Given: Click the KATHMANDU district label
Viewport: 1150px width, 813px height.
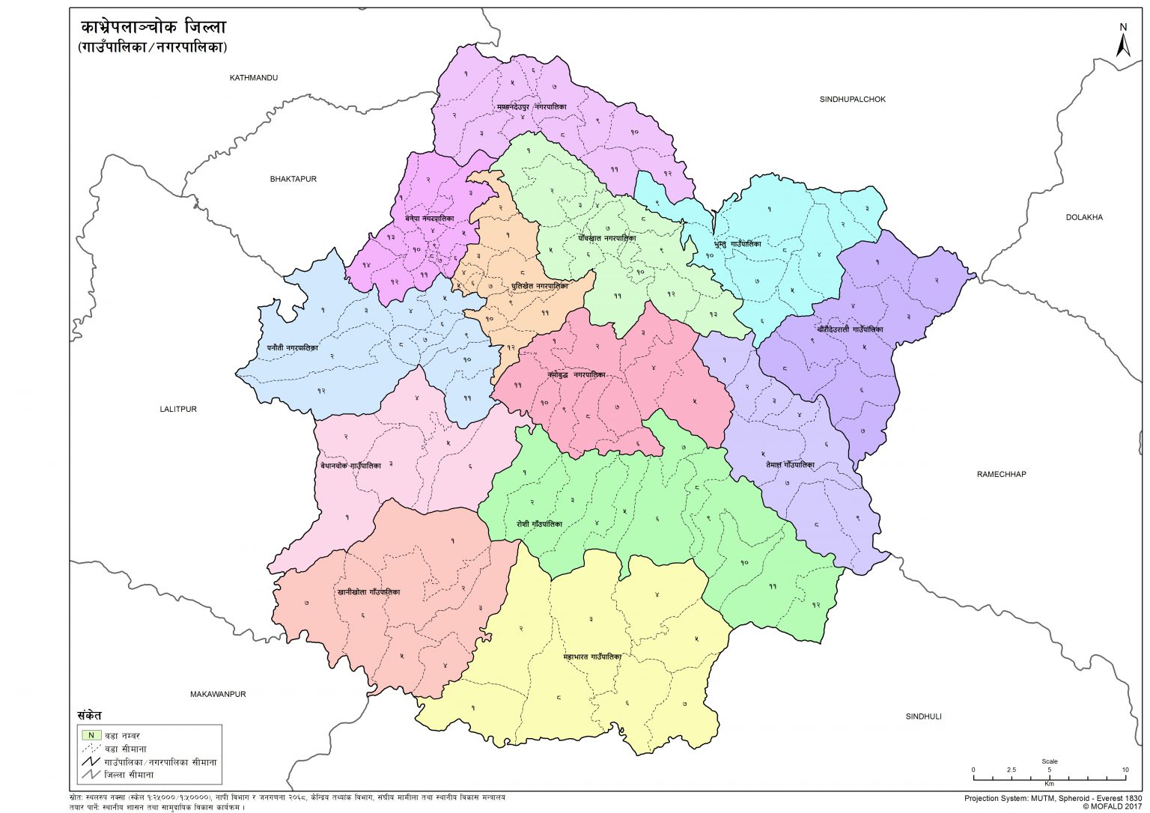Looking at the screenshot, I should [x=254, y=78].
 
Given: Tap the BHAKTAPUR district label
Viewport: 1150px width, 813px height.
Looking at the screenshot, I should [x=293, y=179].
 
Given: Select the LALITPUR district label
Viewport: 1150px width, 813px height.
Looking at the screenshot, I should [x=178, y=409].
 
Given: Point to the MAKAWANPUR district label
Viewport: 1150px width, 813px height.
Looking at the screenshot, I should [x=218, y=694].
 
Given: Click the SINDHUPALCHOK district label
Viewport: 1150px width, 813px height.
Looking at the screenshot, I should [x=852, y=99].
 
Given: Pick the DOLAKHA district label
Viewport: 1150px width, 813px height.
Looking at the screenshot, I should [x=1084, y=217].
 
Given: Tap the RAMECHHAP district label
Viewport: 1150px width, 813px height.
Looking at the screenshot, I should [x=1001, y=474].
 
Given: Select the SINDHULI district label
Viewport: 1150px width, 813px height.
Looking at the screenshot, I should [x=923, y=716].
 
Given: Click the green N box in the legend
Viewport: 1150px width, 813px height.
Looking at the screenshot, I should [x=91, y=735].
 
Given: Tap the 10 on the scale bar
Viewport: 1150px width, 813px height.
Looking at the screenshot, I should [x=1125, y=770].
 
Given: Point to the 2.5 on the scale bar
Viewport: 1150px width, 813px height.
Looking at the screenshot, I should [x=1011, y=770].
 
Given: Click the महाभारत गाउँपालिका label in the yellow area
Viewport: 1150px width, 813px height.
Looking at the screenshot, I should [x=592, y=657].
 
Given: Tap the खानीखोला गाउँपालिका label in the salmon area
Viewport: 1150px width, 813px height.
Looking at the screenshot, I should [x=368, y=591].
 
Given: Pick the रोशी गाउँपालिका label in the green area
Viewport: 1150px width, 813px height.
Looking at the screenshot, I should [x=539, y=524].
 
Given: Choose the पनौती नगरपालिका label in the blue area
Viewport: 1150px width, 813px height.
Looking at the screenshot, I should [x=292, y=347].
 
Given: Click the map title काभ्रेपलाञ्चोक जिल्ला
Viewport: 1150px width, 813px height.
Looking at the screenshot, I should [x=153, y=28].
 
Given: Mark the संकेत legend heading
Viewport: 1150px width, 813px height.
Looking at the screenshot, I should [x=89, y=715].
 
